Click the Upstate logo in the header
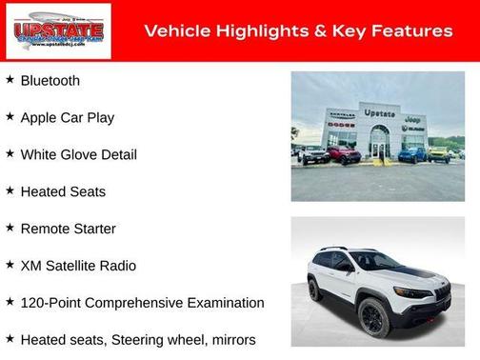[58, 31]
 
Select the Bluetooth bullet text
[50, 81]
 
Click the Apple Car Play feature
[67, 118]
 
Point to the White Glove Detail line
[78, 155]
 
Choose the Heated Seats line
[63, 192]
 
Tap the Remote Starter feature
[68, 230]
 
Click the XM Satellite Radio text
[78, 266]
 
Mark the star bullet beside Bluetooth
[10, 80]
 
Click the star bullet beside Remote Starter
[10, 229]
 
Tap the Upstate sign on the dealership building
[379, 113]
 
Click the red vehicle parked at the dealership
[343, 153]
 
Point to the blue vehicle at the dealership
[411, 152]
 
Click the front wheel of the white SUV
[374, 318]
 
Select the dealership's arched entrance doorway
[379, 144]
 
